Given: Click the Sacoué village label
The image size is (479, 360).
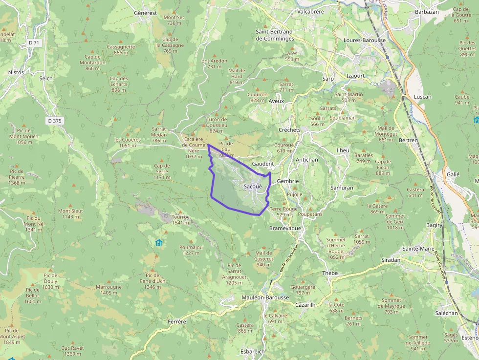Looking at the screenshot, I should pos(253,186).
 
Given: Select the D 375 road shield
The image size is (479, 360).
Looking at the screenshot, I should pos(55,121).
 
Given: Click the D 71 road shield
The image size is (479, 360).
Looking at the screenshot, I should pos(34,43).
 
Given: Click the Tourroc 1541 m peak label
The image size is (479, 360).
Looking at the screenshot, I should pos(180,219).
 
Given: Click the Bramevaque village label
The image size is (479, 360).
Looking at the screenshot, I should pos(285,228).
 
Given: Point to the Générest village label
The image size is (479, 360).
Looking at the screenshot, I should pos(145,13).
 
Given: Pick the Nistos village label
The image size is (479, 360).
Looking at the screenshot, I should pos(16,72).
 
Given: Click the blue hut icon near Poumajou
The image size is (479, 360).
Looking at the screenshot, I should pos(158,242).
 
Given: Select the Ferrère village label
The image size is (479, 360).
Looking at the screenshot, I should pos(177,321).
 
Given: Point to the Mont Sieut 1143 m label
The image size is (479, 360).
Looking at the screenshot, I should pos(70,214).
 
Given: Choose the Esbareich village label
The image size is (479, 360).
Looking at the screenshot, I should pos(253,351).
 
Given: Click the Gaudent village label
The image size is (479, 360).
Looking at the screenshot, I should pos(262,164).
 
